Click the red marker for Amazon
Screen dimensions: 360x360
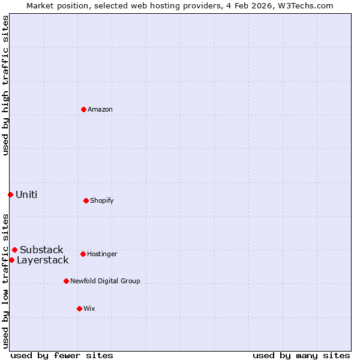(x=83, y=109)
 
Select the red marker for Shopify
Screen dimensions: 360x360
(x=86, y=200)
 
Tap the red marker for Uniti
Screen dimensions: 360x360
(x=10, y=194)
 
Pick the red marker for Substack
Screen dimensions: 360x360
(x=14, y=250)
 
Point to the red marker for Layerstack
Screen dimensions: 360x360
(x=11, y=260)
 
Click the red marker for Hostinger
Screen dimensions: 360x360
(x=83, y=254)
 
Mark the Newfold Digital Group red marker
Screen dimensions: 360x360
(x=66, y=281)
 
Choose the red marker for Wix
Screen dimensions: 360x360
(x=79, y=308)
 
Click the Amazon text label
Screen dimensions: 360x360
(x=100, y=109)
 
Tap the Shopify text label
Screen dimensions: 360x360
(x=102, y=200)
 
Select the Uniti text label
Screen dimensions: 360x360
(x=26, y=194)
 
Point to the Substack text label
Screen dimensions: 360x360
(x=41, y=250)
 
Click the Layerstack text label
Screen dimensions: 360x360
(x=43, y=260)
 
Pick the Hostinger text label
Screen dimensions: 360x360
(x=102, y=254)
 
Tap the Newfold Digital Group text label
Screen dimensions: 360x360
(x=105, y=281)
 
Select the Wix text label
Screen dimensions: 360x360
(x=89, y=308)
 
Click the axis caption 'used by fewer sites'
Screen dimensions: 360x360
(x=62, y=355)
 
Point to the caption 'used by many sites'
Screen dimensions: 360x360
(x=301, y=355)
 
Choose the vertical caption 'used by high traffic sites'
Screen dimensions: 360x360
(x=5, y=86)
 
